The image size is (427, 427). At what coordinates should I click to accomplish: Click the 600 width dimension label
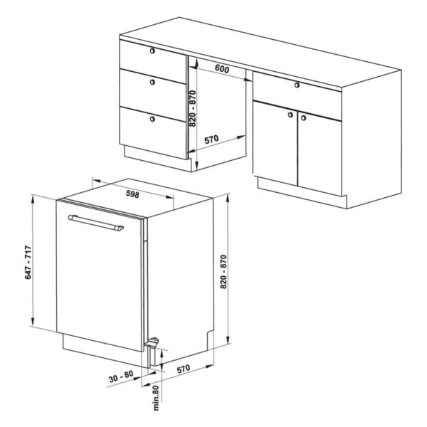click(222, 69)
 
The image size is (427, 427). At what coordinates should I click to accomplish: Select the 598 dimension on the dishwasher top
click(132, 194)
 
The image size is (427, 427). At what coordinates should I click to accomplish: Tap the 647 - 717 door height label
click(28, 262)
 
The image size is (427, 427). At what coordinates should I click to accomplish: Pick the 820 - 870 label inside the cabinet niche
click(193, 108)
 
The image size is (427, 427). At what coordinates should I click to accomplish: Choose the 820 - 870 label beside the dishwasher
click(223, 272)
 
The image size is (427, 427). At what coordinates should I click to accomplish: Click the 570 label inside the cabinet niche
click(211, 139)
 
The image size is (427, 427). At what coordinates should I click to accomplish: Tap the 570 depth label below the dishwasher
click(184, 369)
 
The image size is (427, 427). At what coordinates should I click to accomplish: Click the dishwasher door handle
click(96, 223)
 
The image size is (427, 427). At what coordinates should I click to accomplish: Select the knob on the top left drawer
click(152, 51)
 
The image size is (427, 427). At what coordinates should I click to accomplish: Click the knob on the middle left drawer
click(152, 82)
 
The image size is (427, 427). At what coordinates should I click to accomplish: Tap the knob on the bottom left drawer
click(152, 119)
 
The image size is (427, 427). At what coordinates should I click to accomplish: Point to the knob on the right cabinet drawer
click(297, 85)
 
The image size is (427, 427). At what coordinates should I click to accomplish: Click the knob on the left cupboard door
click(290, 115)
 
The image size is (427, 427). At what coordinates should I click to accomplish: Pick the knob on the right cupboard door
click(303, 118)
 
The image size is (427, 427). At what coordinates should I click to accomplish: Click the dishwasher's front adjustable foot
click(152, 342)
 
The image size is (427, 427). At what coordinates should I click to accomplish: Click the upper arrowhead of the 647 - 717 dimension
click(33, 199)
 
